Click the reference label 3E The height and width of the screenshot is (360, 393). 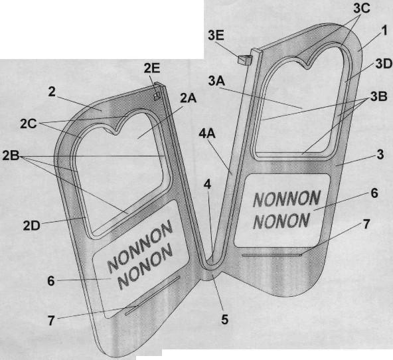(x=216, y=36)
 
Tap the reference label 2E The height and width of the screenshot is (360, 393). (x=151, y=68)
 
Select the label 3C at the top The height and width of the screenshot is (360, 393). (x=362, y=8)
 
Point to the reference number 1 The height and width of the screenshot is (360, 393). (x=384, y=31)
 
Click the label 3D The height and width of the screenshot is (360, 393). (x=384, y=64)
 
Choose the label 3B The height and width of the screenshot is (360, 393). (x=378, y=96)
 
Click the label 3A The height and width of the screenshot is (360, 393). (x=216, y=81)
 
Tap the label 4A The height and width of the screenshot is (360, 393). (x=207, y=134)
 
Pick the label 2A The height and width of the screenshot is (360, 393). (x=189, y=98)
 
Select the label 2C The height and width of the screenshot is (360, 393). (x=29, y=124)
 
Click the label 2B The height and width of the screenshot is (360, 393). (x=11, y=155)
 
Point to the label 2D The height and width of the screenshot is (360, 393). (x=31, y=226)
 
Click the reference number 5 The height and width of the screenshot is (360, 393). (x=224, y=319)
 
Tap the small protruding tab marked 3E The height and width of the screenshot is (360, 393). (x=244, y=60)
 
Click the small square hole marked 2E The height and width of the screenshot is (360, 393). (x=157, y=96)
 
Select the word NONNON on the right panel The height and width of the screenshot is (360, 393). (x=287, y=199)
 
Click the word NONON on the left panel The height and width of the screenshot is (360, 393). (x=145, y=266)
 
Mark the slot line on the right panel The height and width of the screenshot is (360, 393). (x=272, y=255)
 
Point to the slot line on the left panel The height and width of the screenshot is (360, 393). (x=153, y=296)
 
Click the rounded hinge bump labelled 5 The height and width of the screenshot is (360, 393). (x=210, y=275)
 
